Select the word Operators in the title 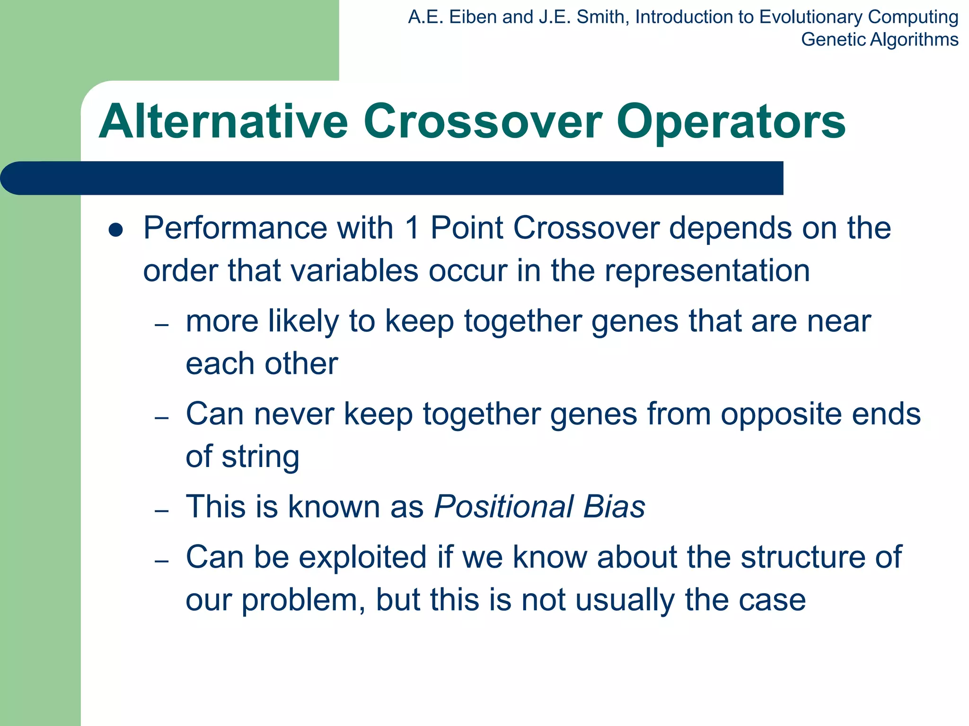(x=731, y=123)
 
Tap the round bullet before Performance (x=115, y=230)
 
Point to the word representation (x=707, y=271)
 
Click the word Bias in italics (x=614, y=507)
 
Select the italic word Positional (x=503, y=507)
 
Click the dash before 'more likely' (x=162, y=325)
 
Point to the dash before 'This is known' (x=162, y=511)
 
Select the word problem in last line (x=303, y=600)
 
